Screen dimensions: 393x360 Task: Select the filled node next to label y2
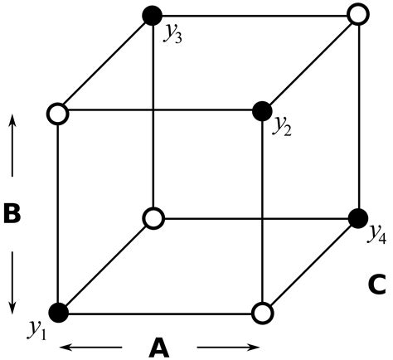click(x=262, y=109)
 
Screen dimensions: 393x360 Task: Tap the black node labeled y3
click(x=152, y=14)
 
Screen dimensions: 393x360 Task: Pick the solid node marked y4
click(x=357, y=218)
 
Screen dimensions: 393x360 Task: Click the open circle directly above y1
click(x=58, y=111)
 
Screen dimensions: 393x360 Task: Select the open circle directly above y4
click(x=357, y=14)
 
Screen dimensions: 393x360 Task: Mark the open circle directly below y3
click(x=153, y=218)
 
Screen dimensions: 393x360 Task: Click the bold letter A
click(x=159, y=348)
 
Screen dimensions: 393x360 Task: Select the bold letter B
click(x=12, y=213)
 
